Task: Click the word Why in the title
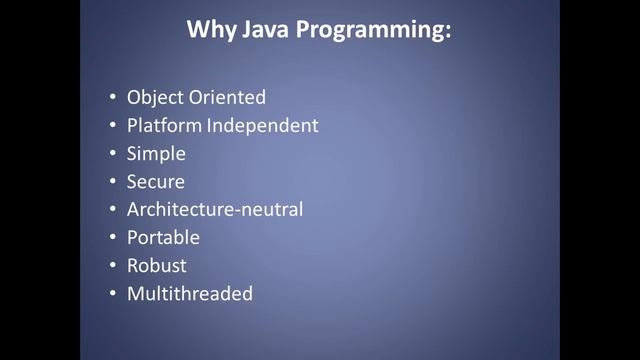pyautogui.click(x=209, y=30)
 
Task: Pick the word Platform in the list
pyautogui.click(x=164, y=126)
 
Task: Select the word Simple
pyautogui.click(x=156, y=154)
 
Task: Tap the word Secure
pyautogui.click(x=156, y=181)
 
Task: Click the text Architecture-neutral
pyautogui.click(x=215, y=209)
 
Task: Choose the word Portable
pyautogui.click(x=163, y=238)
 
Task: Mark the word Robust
pyautogui.click(x=157, y=266)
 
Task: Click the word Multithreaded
pyautogui.click(x=190, y=294)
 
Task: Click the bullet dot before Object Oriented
pyautogui.click(x=112, y=98)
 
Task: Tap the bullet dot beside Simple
pyautogui.click(x=112, y=154)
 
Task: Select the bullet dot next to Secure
pyautogui.click(x=112, y=182)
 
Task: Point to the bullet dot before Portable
pyautogui.click(x=112, y=238)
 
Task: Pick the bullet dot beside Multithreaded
pyautogui.click(x=112, y=294)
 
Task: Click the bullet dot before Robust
pyautogui.click(x=112, y=266)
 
